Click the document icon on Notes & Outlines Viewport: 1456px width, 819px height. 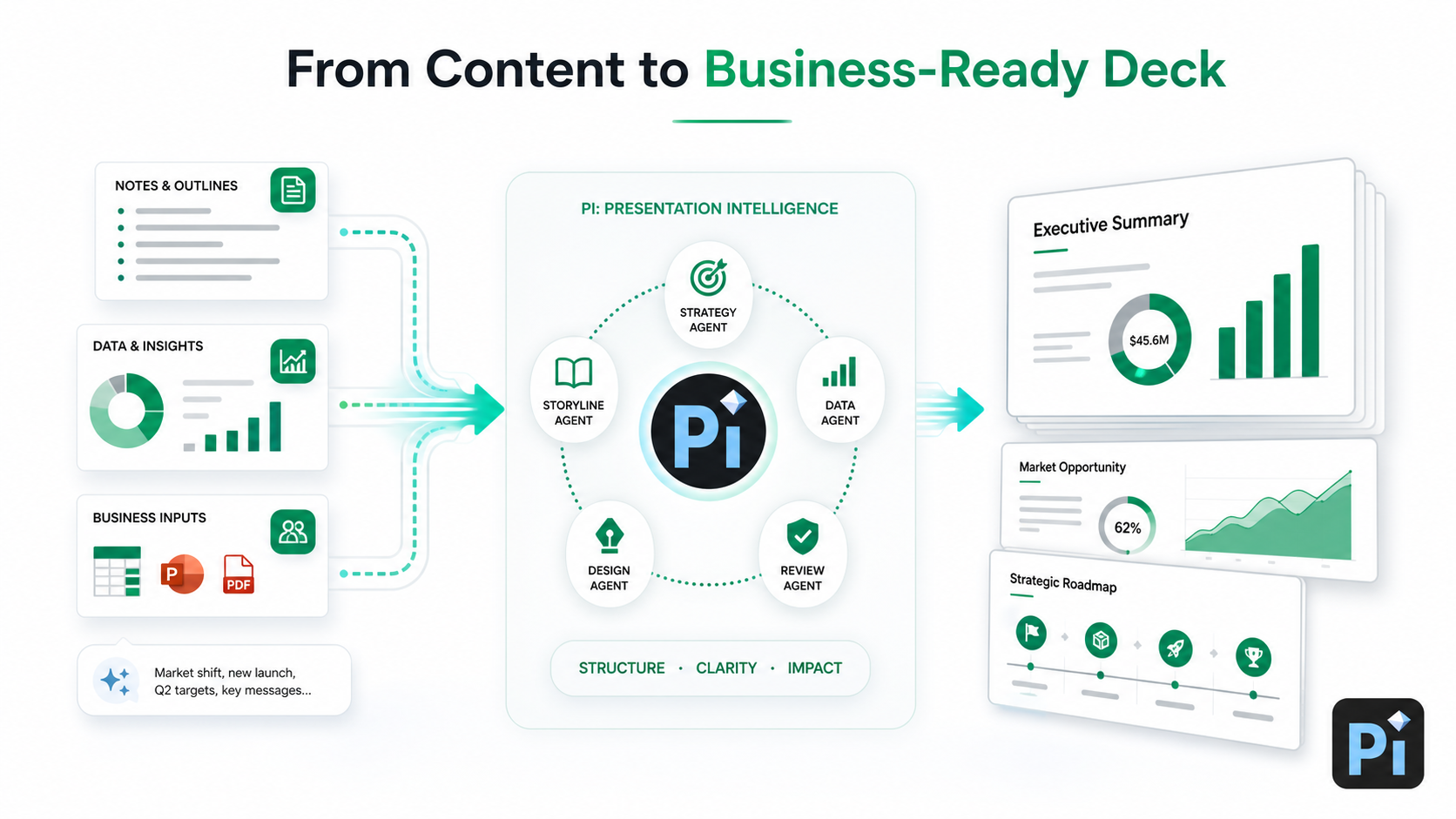293,191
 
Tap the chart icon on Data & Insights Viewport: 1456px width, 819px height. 293,361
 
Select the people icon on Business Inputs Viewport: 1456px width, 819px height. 293,532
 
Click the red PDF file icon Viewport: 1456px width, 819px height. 238,574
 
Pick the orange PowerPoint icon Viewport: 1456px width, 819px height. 182,574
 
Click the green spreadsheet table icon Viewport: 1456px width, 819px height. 117,572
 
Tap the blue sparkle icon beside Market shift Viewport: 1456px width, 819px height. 116,681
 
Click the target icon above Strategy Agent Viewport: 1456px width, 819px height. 709,277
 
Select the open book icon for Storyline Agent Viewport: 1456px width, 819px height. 573,373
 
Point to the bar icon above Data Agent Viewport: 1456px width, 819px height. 839,372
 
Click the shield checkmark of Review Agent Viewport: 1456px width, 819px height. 803,536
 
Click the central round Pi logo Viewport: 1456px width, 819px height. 709,431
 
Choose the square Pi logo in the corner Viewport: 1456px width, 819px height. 1378,743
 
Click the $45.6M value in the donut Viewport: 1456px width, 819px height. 1149,340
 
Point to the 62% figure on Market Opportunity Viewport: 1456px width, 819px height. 1128,528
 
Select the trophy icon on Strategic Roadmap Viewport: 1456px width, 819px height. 1253,656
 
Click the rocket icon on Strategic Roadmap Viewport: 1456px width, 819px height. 1176,648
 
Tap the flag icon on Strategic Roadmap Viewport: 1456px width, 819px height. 1032,633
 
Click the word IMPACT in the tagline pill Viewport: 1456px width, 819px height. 814,668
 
